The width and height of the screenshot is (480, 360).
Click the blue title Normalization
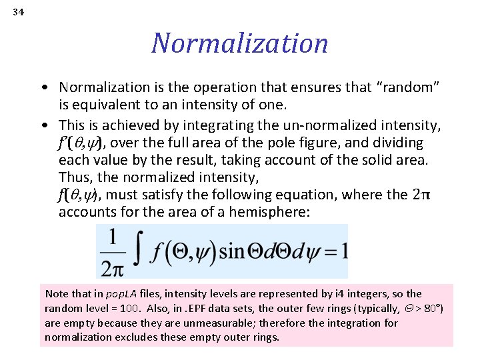point(240,43)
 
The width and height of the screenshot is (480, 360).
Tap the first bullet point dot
point(43,88)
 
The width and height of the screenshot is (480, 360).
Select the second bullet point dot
point(43,125)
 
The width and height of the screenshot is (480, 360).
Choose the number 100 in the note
point(117,308)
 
